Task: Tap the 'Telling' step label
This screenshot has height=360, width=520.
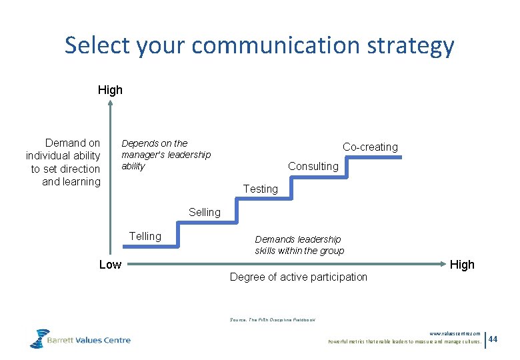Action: (145, 236)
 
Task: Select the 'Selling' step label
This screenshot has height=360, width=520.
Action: (204, 212)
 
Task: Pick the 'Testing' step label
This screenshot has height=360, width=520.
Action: (260, 189)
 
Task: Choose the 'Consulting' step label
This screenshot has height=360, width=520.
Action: (313, 166)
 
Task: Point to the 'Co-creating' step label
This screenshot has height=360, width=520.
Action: (370, 147)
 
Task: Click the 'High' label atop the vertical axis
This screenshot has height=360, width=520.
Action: (110, 89)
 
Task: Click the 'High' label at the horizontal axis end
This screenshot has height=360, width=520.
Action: (462, 265)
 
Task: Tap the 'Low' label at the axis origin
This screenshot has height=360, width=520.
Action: (110, 265)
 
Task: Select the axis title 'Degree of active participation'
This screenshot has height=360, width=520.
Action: (298, 277)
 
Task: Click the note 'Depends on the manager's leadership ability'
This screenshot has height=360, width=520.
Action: (165, 155)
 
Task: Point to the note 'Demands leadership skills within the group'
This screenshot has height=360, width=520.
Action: (299, 245)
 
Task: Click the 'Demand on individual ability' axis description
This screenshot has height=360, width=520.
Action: (63, 162)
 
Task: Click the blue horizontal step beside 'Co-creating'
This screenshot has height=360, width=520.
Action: (371, 157)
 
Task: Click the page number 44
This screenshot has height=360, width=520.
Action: (493, 339)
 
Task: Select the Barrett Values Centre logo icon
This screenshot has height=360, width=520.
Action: (40, 338)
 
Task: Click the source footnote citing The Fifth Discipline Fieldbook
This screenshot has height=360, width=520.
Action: (272, 320)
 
